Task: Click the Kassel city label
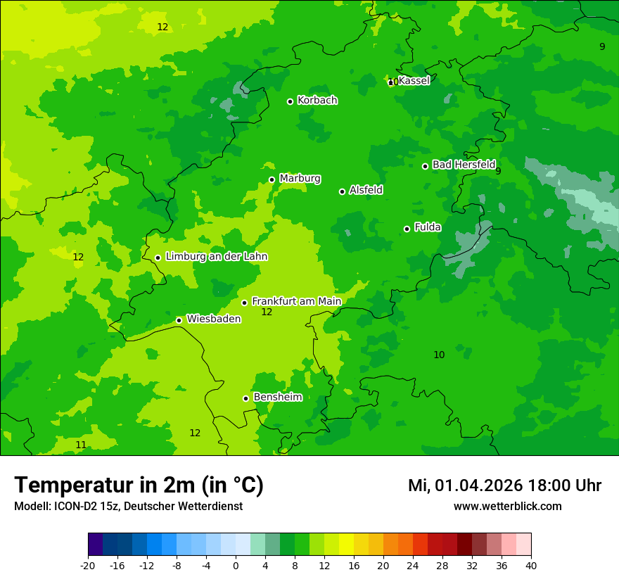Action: pos(414,81)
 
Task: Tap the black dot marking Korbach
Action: pos(290,101)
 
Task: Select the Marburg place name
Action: pos(300,179)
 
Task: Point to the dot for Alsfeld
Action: pos(342,191)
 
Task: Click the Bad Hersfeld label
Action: pos(464,165)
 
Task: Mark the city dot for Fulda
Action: pos(407,229)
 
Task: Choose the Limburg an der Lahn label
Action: pos(216,257)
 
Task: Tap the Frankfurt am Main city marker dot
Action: pos(244,303)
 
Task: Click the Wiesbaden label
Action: pos(213,319)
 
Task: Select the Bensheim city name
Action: pos(277,398)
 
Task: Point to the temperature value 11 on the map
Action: pos(81,445)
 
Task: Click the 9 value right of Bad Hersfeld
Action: pos(498,171)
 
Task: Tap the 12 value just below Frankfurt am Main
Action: pos(267,312)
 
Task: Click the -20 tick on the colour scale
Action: pos(88,565)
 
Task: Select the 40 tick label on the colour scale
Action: pos(531,565)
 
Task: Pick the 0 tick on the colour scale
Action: pos(236,565)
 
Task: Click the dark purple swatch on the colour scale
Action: pos(95,545)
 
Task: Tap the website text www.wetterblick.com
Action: pos(507,507)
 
